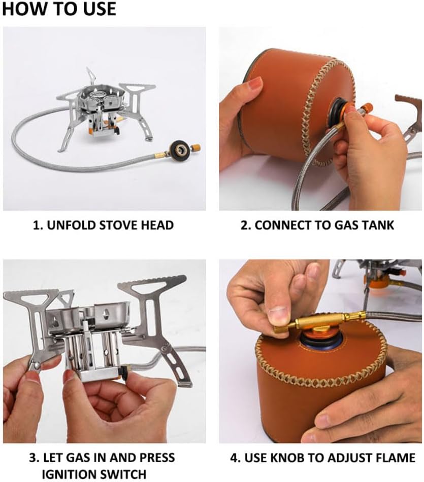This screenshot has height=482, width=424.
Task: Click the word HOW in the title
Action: point(21,9)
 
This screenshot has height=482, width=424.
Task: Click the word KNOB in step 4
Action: point(288,458)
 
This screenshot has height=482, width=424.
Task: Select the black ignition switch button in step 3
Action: point(124,372)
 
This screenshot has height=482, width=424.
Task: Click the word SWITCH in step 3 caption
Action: point(124,474)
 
